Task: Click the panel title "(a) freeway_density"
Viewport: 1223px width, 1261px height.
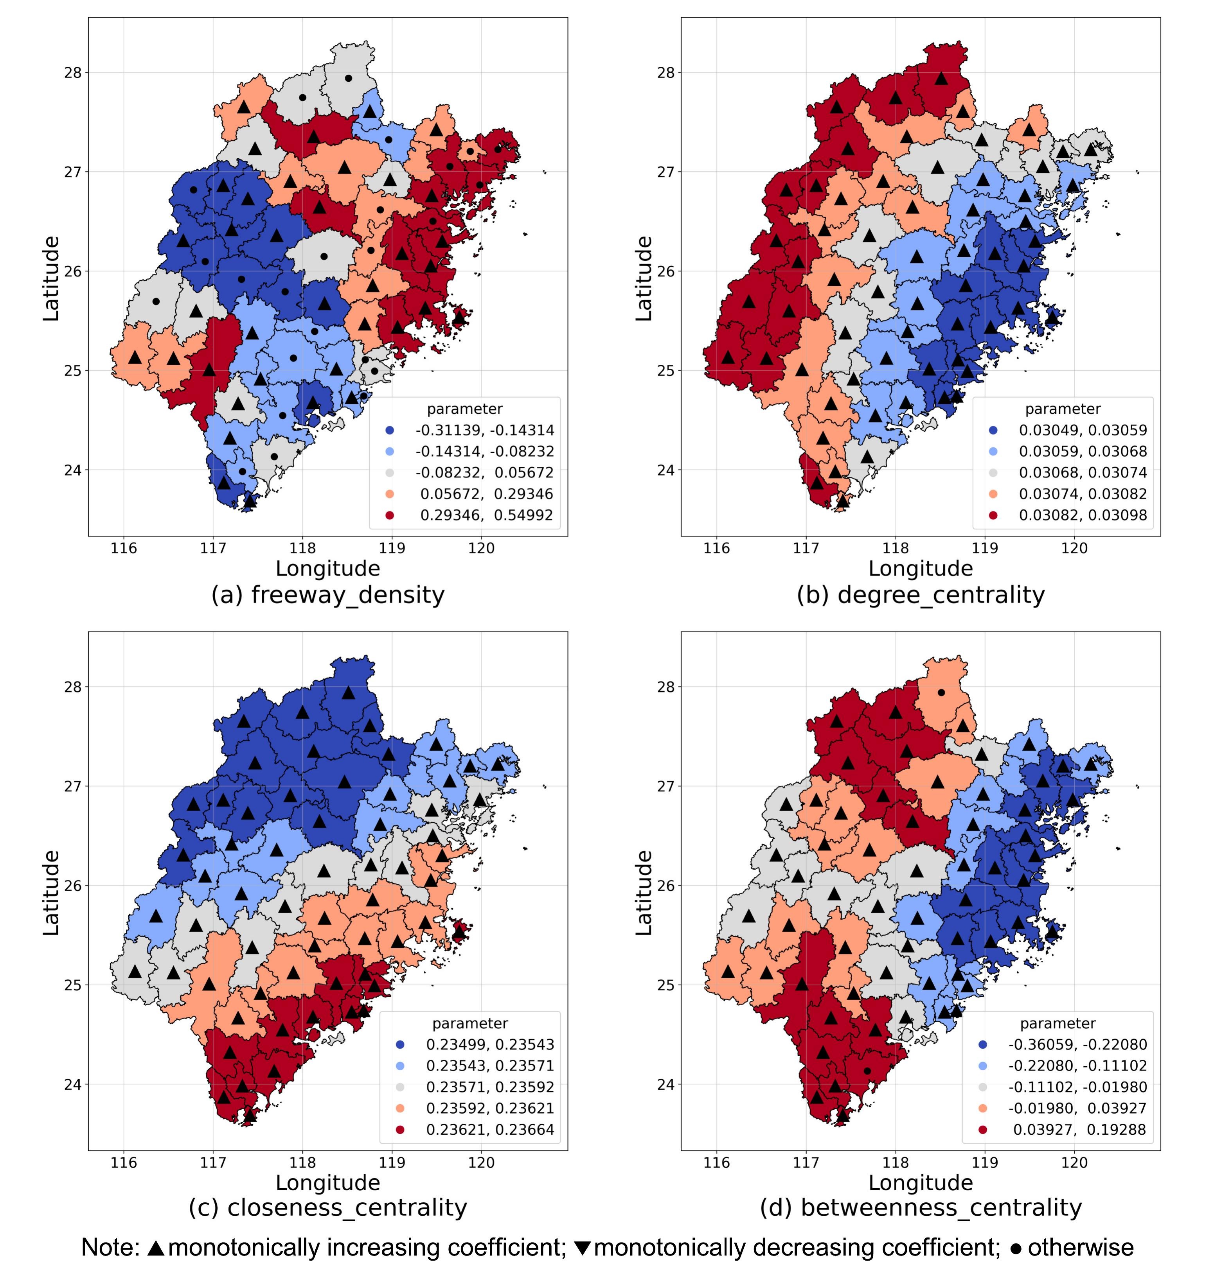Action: (x=327, y=595)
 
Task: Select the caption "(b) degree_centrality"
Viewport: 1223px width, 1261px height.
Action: (x=921, y=595)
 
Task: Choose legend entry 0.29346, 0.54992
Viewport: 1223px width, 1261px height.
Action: (x=486, y=515)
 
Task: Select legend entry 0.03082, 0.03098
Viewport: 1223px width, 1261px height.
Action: (x=1083, y=515)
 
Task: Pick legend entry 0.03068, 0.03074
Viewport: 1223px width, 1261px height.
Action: (x=1083, y=473)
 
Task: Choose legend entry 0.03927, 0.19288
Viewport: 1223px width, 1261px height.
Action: (x=1079, y=1130)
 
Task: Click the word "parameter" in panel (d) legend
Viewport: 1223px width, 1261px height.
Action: (x=1058, y=1023)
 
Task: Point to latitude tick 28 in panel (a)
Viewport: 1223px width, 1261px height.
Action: (x=73, y=73)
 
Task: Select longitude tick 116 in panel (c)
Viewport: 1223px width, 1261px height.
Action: (x=124, y=1162)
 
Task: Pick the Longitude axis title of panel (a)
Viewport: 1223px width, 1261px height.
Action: (x=327, y=569)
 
